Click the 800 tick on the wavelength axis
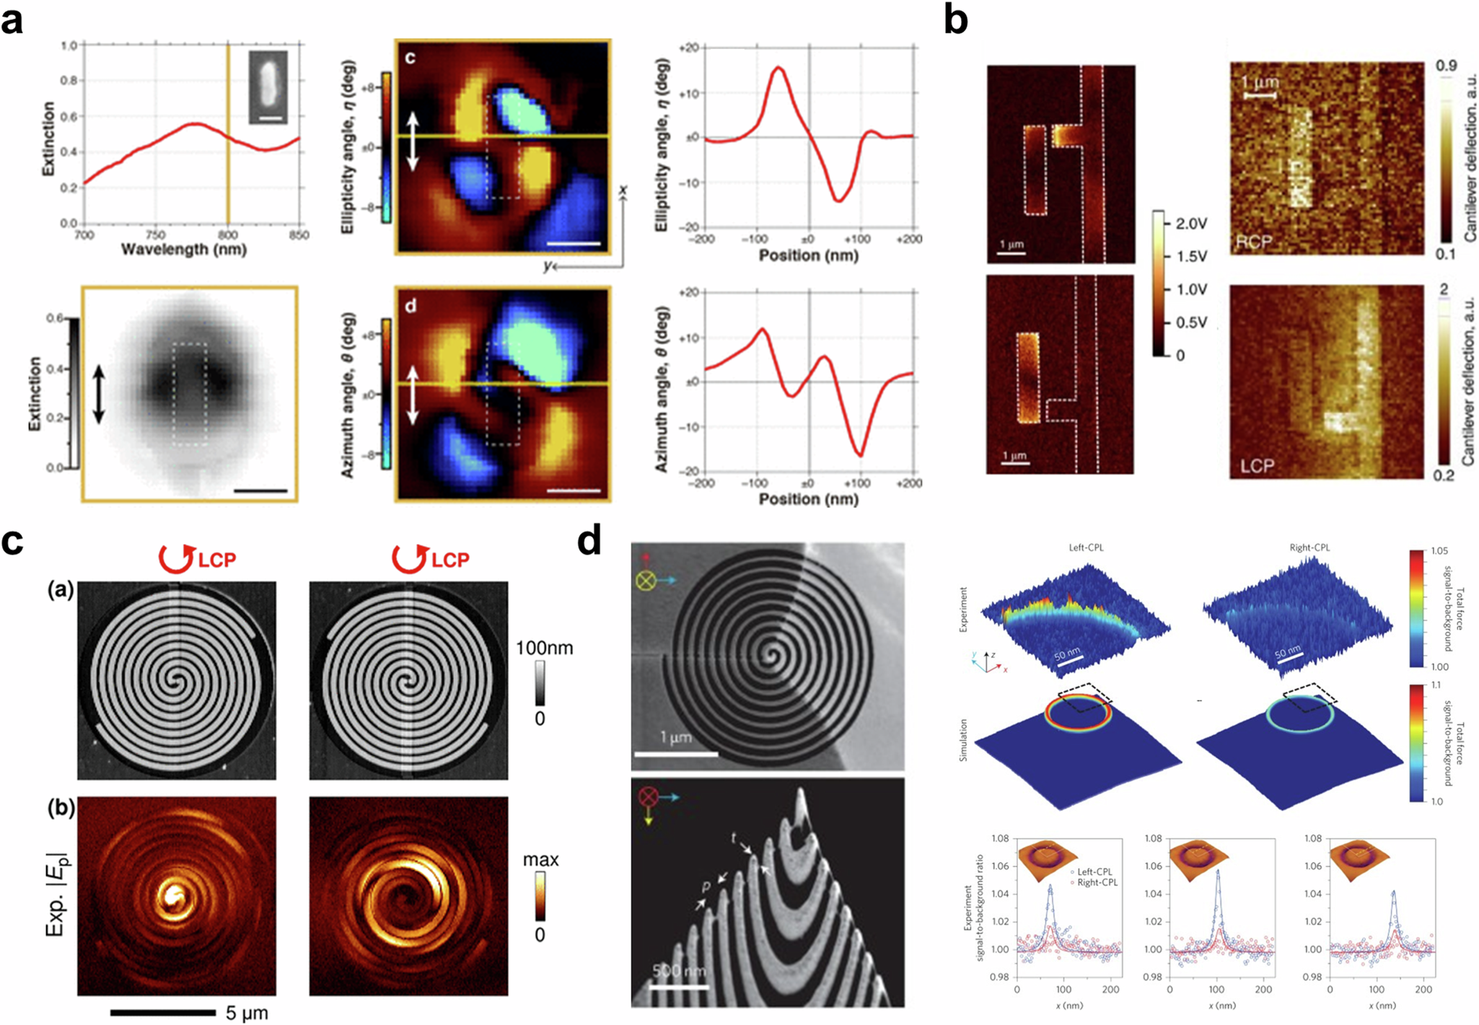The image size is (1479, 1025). pos(227,234)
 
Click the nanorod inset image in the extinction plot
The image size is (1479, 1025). pos(268,87)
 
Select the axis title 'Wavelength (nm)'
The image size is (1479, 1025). pos(183,250)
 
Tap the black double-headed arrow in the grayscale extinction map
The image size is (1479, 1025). pos(99,394)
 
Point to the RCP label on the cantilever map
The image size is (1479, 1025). pos(1254,242)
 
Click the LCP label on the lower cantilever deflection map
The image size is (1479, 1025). pos(1257,466)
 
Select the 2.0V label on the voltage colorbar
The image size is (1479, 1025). pos(1191,224)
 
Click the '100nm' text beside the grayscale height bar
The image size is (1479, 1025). pos(544,648)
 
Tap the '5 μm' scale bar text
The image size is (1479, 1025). pos(247,1013)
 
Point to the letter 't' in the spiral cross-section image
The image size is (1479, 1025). pos(734,837)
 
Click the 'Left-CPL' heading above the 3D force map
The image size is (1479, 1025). pos(1086,547)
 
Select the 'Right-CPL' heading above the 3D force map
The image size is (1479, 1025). pos(1309,547)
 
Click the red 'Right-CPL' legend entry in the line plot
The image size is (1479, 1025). pos(1097,882)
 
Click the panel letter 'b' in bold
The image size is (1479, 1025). pos(956,22)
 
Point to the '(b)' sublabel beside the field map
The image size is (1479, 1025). pos(61,808)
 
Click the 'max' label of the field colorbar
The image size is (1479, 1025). pos(540,860)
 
